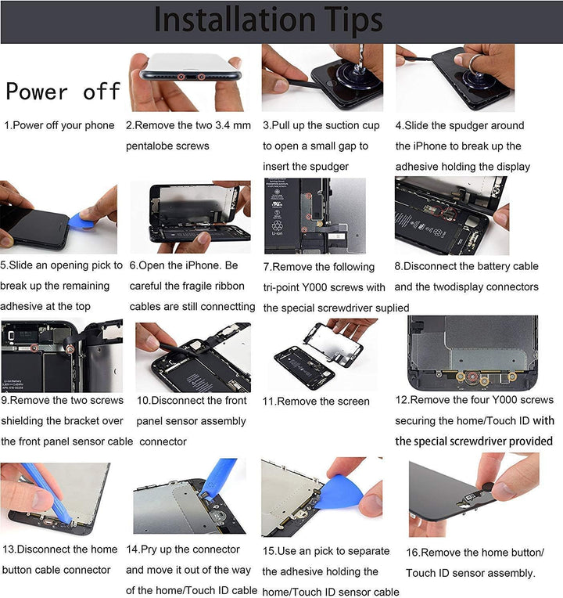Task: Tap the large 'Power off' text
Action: click(63, 92)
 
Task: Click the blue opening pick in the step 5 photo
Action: click(81, 221)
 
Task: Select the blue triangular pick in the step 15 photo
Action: click(339, 492)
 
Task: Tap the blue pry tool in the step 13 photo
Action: click(46, 493)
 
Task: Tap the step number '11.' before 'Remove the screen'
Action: click(268, 402)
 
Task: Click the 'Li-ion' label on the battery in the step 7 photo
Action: click(277, 233)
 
